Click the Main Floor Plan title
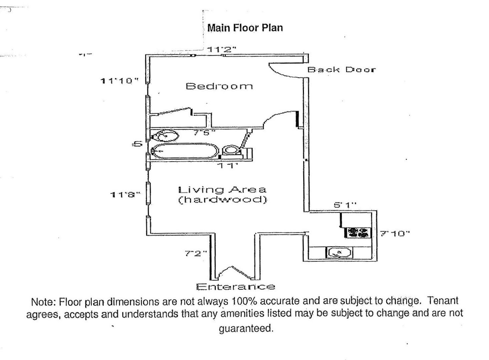(245, 28)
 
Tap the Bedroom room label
(219, 86)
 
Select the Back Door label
(341, 70)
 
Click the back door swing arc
(280, 70)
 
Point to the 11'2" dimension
(221, 50)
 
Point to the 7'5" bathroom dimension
(204, 132)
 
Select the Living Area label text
(222, 190)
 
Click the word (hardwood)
(223, 200)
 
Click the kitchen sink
(339, 253)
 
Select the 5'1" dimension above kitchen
(345, 205)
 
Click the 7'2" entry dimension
(196, 254)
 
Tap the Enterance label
(235, 287)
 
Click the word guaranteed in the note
(246, 329)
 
